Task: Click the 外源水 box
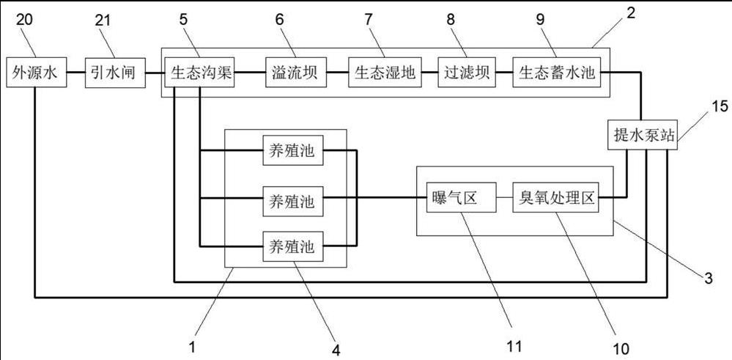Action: click(36, 73)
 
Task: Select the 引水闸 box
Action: click(114, 73)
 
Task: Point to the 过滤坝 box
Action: click(467, 74)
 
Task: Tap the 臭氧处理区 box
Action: click(555, 199)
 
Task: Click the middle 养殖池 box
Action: click(292, 199)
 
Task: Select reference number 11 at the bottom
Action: click(512, 343)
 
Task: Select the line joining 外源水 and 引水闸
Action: click(76, 73)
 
